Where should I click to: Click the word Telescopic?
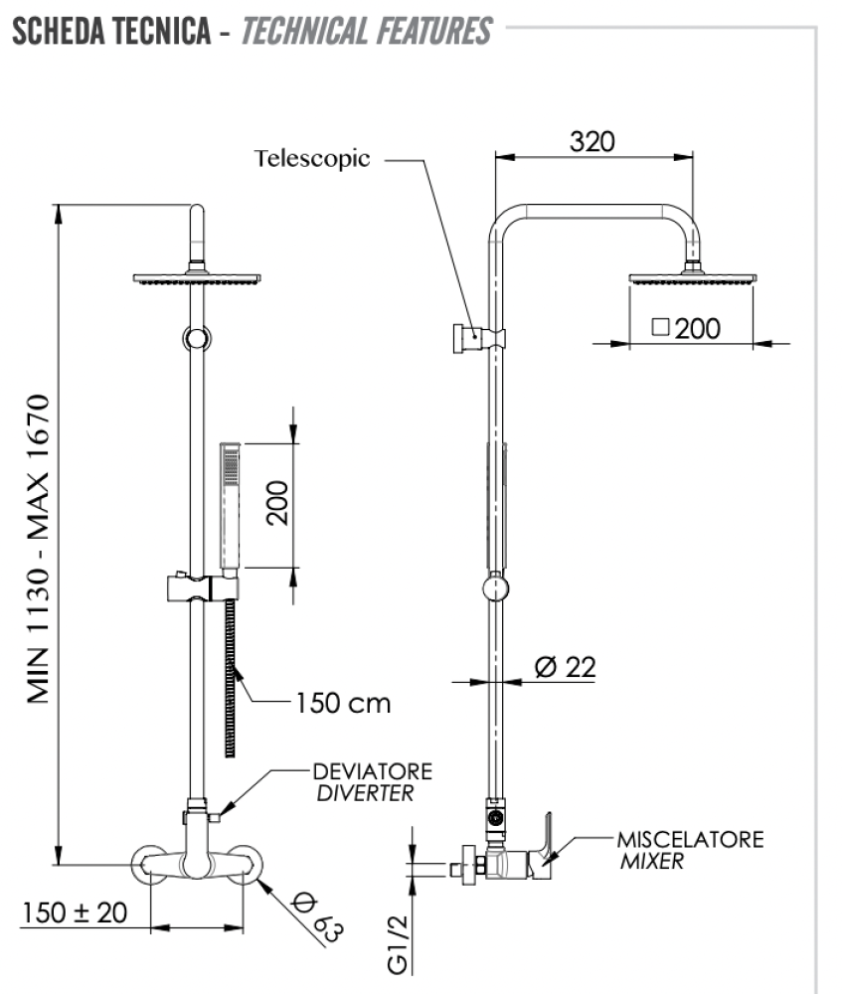pyautogui.click(x=312, y=158)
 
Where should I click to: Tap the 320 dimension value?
pyautogui.click(x=592, y=141)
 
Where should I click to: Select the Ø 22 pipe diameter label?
pyautogui.click(x=565, y=667)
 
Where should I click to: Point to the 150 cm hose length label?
pyautogui.click(x=343, y=703)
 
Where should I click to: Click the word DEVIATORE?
pyautogui.click(x=373, y=771)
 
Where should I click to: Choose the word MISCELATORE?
pyautogui.click(x=691, y=840)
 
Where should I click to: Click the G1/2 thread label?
pyautogui.click(x=399, y=944)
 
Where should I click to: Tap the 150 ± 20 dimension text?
pyautogui.click(x=75, y=912)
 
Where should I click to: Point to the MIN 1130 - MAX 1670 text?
pyautogui.click(x=39, y=549)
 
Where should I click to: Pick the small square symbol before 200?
pyautogui.click(x=661, y=327)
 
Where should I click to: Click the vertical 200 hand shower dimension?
pyautogui.click(x=277, y=503)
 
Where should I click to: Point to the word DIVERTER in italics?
pyautogui.click(x=365, y=793)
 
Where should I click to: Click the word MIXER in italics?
pyautogui.click(x=652, y=862)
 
